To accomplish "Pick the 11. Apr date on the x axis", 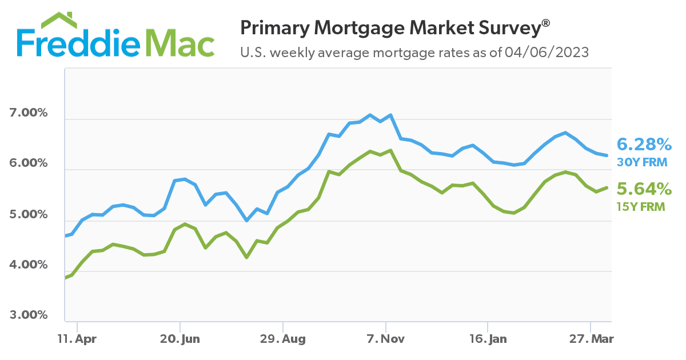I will [x=77, y=339].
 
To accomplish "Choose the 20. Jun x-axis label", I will [x=180, y=339].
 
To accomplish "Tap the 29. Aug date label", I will [x=283, y=339].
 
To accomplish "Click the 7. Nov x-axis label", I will [x=386, y=339].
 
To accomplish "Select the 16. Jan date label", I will [x=488, y=339].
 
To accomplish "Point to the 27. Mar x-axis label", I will [x=591, y=339].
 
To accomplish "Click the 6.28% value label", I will [x=643, y=143].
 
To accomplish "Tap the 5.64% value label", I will [x=643, y=189].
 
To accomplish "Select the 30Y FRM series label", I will [x=642, y=162].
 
